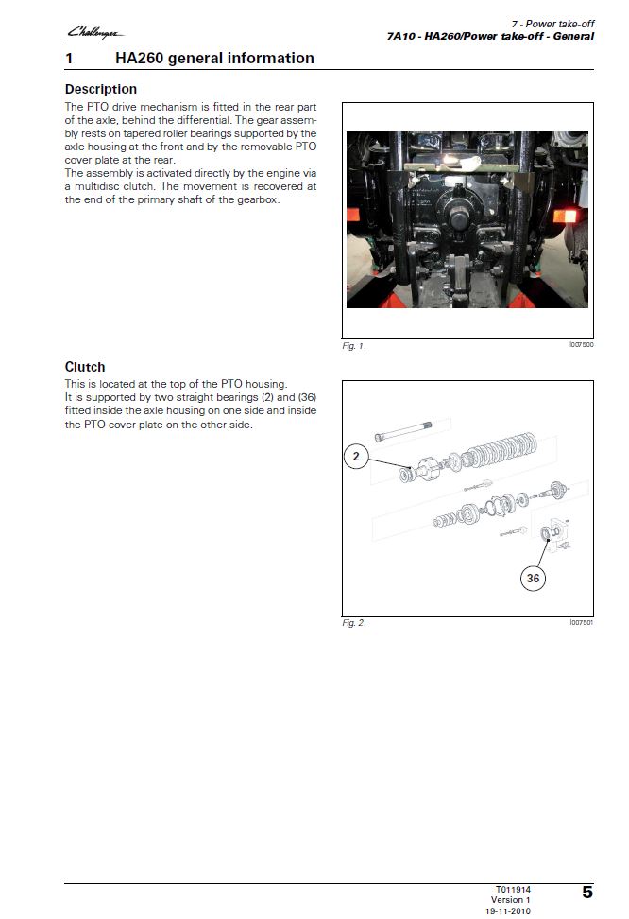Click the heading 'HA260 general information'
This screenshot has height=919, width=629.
(x=214, y=58)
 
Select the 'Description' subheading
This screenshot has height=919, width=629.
(x=100, y=90)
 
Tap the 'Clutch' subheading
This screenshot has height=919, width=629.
(x=85, y=367)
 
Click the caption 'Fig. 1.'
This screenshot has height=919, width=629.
(x=353, y=346)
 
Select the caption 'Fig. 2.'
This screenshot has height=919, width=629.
(x=353, y=623)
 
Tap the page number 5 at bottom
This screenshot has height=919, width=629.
(x=586, y=892)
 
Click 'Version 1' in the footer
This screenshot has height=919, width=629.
(x=511, y=900)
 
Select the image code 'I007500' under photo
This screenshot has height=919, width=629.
(x=581, y=345)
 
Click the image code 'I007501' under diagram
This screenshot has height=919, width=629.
(x=581, y=622)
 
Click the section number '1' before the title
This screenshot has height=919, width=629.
(x=69, y=58)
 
